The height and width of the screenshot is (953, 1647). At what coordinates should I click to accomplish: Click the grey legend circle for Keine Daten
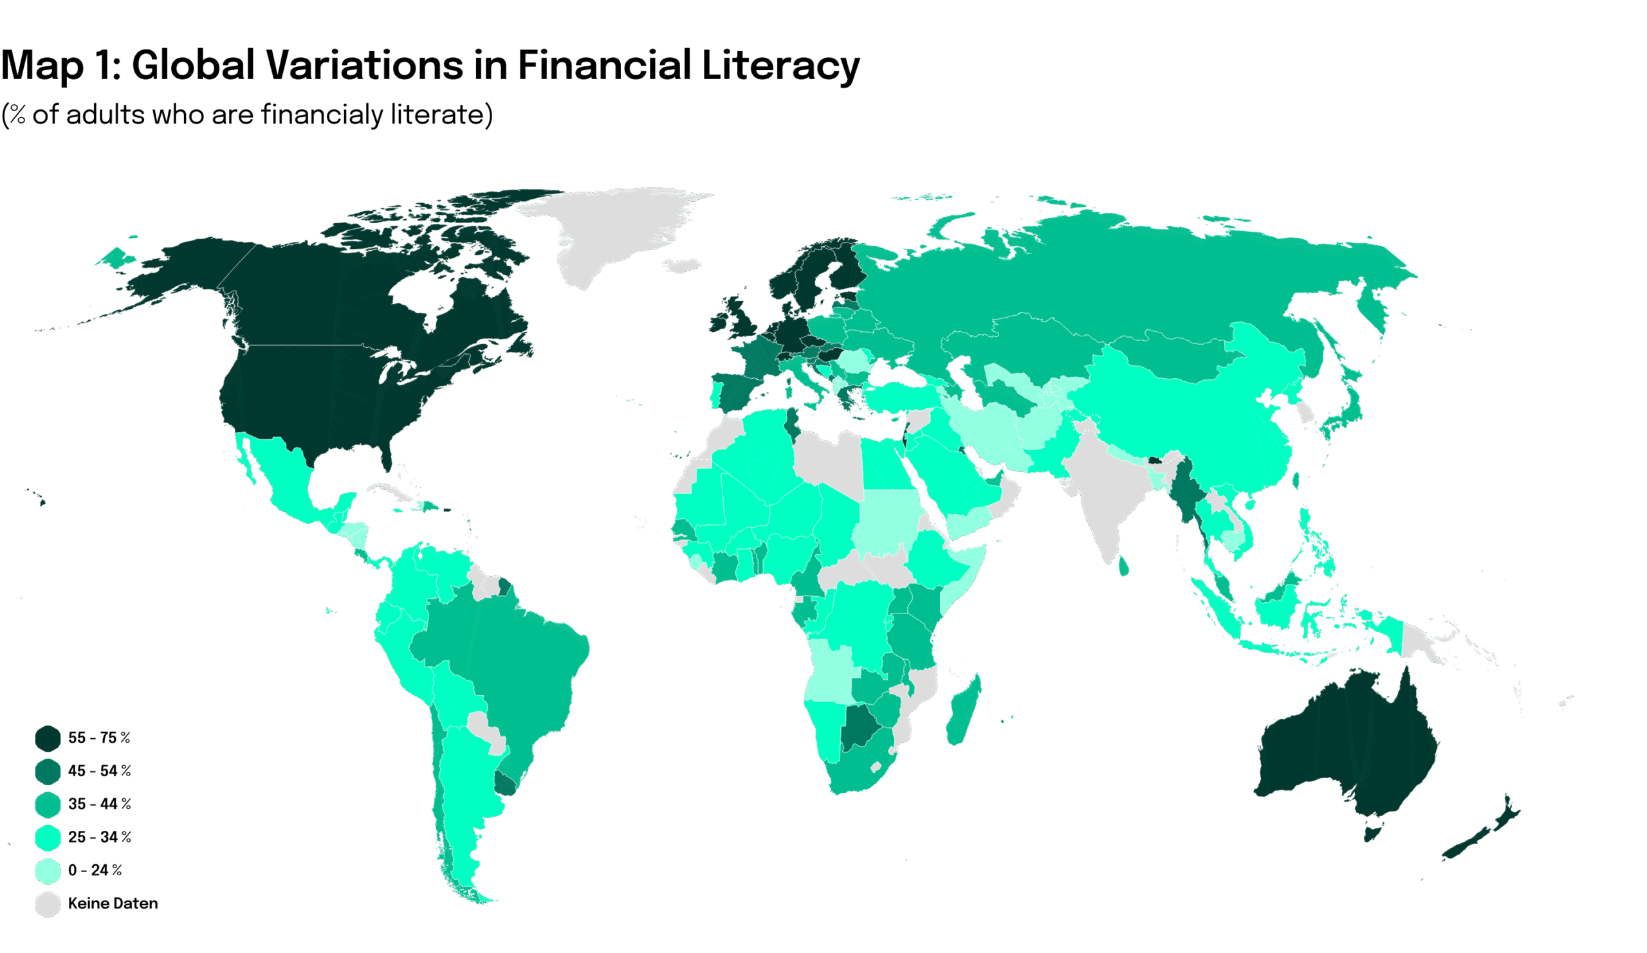click(48, 904)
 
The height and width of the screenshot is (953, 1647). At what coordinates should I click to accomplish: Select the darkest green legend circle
click(48, 738)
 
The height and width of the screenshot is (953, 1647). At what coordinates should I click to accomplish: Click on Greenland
click(614, 229)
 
